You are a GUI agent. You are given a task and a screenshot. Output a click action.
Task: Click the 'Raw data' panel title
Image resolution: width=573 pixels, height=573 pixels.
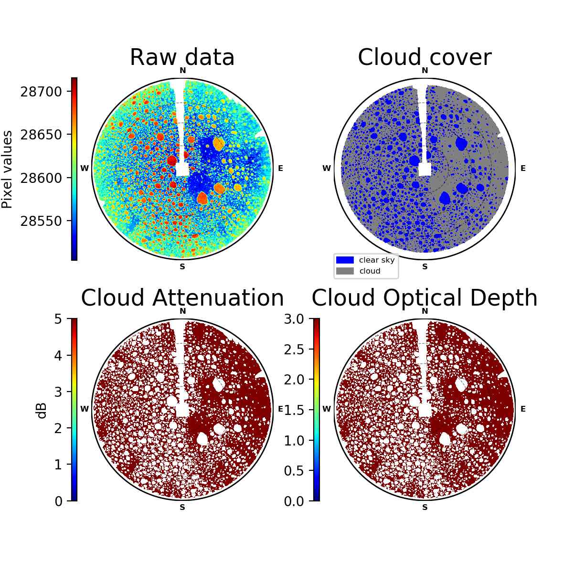(182, 57)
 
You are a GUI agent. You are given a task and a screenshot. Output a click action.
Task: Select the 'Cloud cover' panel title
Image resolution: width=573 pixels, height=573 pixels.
(424, 57)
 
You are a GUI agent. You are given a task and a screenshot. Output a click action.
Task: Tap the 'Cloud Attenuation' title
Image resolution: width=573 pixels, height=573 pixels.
(182, 297)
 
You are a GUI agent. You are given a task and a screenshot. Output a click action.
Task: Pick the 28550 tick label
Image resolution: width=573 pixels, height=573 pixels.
(41, 221)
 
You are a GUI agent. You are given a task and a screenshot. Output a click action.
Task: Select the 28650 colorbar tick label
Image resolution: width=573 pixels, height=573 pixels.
(41, 135)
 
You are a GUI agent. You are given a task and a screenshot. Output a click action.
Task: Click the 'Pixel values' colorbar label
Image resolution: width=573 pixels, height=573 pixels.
(7, 169)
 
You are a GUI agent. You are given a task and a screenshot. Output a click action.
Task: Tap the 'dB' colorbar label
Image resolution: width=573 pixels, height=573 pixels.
(42, 411)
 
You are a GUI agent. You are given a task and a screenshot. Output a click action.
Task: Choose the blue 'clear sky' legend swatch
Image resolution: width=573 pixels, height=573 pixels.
(345, 260)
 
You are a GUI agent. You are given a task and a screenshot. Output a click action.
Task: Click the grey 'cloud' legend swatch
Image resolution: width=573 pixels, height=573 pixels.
(345, 271)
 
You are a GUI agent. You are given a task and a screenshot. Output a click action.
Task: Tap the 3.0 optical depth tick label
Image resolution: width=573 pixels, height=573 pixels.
(294, 319)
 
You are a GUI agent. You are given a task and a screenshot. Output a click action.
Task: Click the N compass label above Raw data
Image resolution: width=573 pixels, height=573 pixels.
(182, 71)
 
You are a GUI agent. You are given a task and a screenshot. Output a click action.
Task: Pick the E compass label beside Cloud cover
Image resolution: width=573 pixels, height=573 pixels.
(523, 168)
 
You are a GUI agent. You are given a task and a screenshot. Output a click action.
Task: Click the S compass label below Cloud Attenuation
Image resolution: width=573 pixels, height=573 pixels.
(182, 507)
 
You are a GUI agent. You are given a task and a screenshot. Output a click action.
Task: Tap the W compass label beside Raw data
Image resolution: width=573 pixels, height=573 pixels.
(85, 168)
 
